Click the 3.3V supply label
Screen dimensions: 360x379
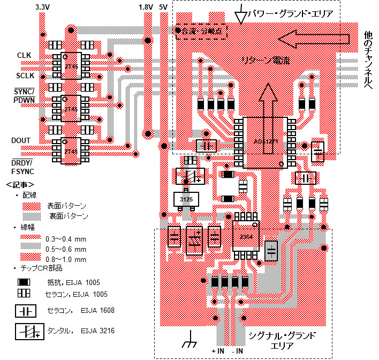click(x=43, y=7)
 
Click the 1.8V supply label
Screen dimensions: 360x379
click(x=146, y=7)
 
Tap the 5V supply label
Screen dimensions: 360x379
click(x=163, y=7)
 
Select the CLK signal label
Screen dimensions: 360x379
click(x=24, y=55)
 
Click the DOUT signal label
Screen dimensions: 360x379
click(x=21, y=140)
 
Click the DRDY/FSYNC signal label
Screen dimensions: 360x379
click(x=22, y=167)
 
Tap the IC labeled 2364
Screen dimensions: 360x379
click(x=246, y=236)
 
